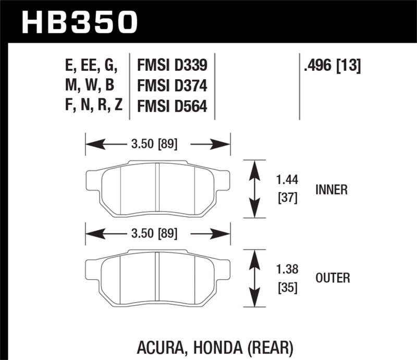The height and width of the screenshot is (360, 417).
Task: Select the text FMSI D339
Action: tap(171, 65)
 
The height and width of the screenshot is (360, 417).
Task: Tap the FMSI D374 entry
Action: tap(171, 85)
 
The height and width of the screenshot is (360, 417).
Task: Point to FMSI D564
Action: tap(171, 106)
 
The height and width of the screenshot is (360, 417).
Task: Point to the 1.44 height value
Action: tap(286, 181)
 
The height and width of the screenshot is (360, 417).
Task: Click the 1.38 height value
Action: tap(286, 270)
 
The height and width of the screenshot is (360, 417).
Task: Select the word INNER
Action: tap(331, 190)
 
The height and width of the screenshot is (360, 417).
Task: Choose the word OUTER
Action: tap(332, 279)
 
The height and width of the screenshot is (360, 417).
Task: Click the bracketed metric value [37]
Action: tap(286, 198)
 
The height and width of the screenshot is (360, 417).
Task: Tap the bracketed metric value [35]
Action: tap(286, 287)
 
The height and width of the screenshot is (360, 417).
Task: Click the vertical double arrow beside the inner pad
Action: tap(254, 189)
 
